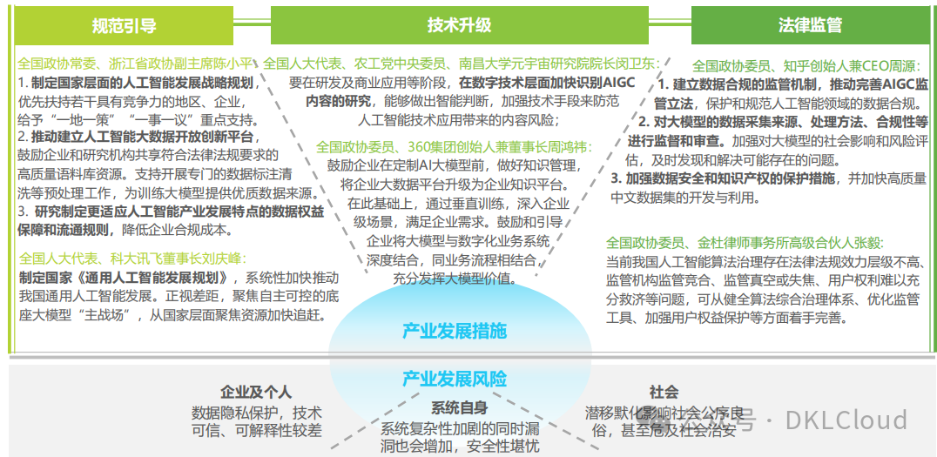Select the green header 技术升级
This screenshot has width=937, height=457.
[x=460, y=24]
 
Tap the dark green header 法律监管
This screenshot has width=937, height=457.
[x=810, y=24]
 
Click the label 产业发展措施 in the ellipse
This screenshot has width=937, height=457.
[x=455, y=331]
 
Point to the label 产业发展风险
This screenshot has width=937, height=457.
[x=455, y=379]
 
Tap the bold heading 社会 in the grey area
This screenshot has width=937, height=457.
[x=664, y=393]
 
